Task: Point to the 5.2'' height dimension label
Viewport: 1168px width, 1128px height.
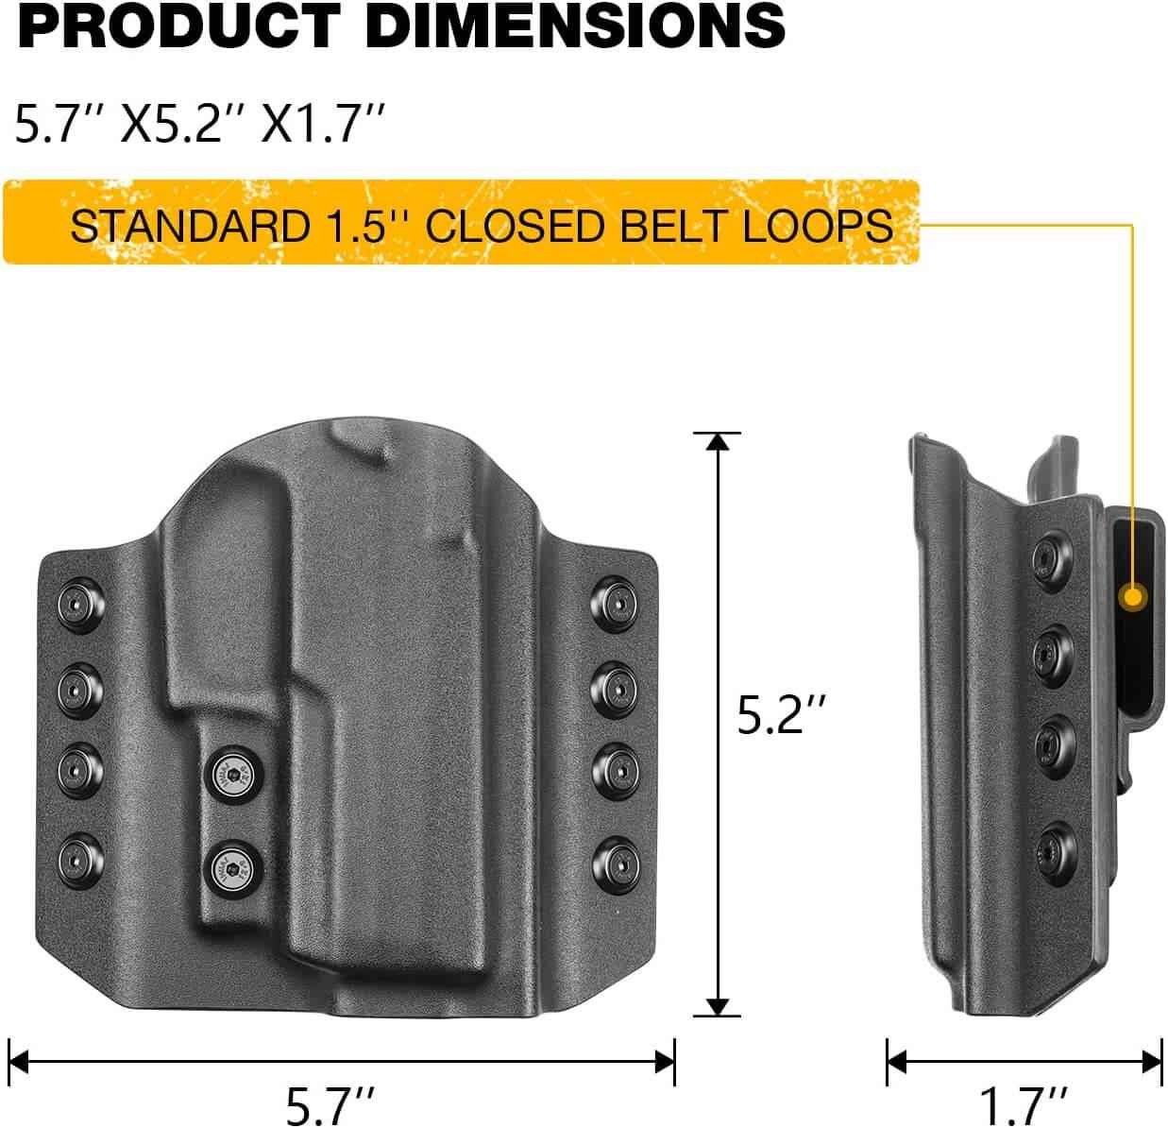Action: coord(783,717)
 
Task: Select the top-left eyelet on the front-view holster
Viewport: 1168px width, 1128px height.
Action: coord(75,602)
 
